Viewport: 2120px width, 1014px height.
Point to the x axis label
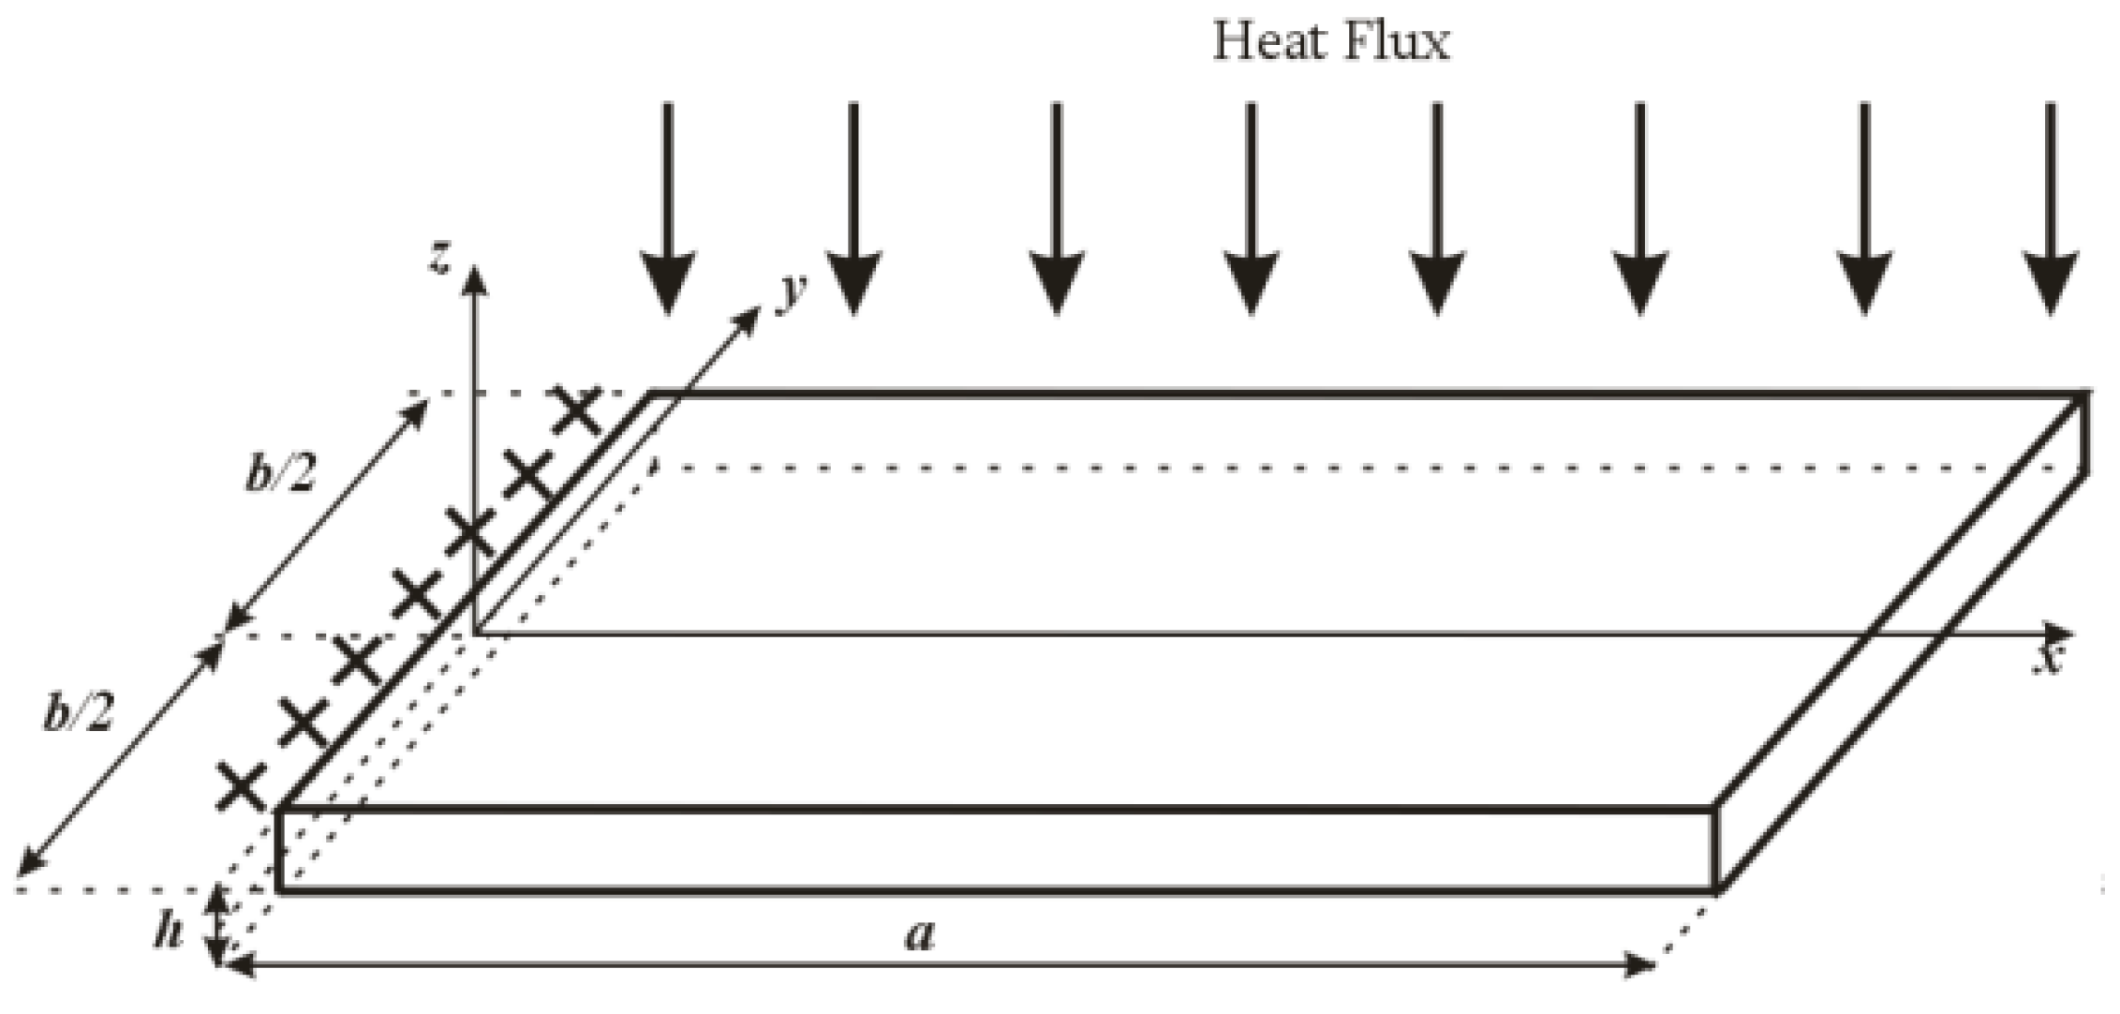pyautogui.click(x=2050, y=660)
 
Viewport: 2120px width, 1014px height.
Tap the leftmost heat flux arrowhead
pyautogui.click(x=667, y=281)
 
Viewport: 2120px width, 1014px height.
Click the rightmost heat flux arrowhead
pyautogui.click(x=2052, y=281)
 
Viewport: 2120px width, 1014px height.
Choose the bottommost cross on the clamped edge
pyautogui.click(x=242, y=785)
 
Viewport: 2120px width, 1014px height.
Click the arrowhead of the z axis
pyautogui.click(x=476, y=278)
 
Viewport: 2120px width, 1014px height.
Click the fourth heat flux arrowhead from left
pyautogui.click(x=1251, y=281)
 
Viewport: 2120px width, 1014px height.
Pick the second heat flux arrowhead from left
pyautogui.click(x=852, y=281)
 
